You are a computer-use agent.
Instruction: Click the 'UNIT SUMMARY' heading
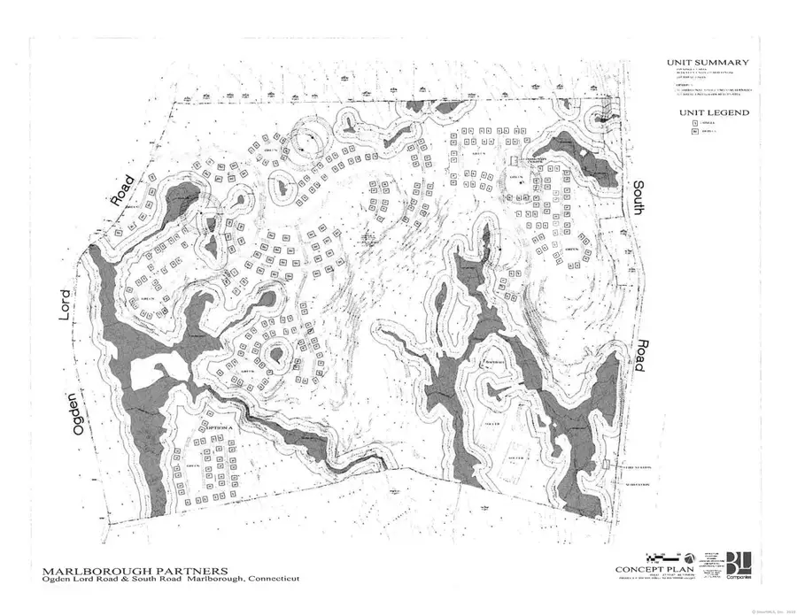tap(708, 63)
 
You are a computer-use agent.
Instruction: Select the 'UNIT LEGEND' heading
tap(714, 113)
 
